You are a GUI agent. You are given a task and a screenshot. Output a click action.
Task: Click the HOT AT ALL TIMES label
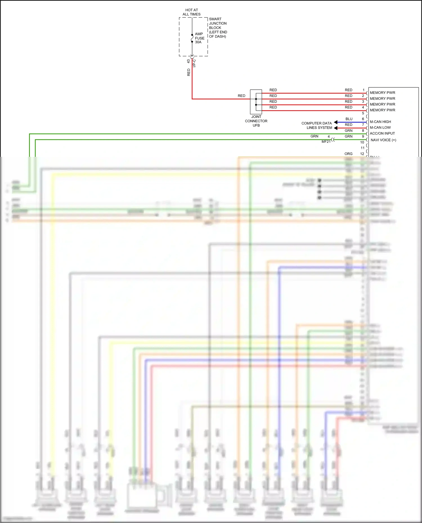(x=191, y=12)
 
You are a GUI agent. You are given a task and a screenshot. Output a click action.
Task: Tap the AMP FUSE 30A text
(x=199, y=38)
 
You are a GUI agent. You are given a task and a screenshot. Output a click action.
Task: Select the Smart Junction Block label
(x=218, y=28)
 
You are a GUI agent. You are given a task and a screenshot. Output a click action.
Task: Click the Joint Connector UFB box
(x=256, y=102)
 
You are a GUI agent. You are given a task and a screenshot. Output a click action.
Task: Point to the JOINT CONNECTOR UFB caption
(x=256, y=121)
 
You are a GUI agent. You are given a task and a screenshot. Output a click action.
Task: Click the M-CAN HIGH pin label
(x=380, y=122)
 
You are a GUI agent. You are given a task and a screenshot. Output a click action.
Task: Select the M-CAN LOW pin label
(x=380, y=127)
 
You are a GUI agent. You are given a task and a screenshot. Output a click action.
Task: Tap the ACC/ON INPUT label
(x=382, y=133)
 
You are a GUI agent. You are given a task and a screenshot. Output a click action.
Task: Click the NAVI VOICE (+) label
(x=383, y=140)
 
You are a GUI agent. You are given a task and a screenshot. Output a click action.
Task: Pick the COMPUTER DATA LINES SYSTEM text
(x=317, y=125)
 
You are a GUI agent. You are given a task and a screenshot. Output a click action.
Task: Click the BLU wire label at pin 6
(x=349, y=119)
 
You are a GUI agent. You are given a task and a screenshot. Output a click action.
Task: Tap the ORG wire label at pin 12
(x=348, y=154)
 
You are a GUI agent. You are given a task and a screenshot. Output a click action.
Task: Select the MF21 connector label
(x=326, y=142)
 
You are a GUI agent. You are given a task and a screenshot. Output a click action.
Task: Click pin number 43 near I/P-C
(x=188, y=61)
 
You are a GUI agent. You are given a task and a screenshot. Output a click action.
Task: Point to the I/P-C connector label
(x=194, y=63)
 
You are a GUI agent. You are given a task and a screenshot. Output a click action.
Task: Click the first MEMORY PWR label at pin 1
(x=382, y=92)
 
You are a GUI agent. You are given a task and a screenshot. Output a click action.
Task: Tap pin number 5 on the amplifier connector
(x=363, y=113)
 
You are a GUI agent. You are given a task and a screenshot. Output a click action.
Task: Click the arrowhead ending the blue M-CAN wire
(x=336, y=122)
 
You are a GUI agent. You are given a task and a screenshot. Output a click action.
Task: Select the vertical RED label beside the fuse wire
(x=188, y=72)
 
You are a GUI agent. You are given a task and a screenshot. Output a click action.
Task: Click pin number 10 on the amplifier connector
(x=362, y=142)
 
